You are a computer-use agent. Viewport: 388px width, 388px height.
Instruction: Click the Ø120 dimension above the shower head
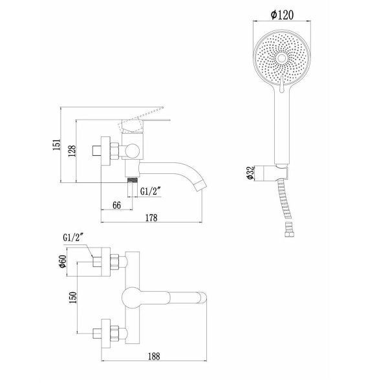pos(284,14)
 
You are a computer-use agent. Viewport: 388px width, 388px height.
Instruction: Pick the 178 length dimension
pos(152,218)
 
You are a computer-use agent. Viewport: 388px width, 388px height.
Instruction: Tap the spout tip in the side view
pos(202,184)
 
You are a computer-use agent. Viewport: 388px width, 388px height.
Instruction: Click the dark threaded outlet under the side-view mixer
pos(133,178)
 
